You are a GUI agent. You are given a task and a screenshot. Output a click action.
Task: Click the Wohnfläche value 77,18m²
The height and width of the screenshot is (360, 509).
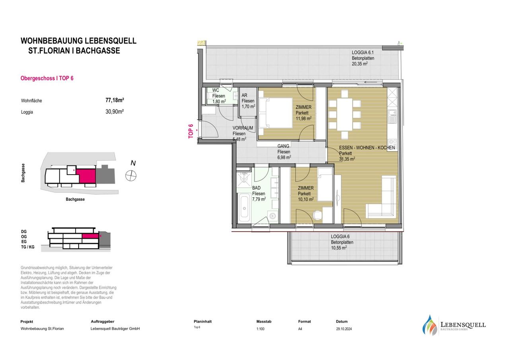click(115, 100)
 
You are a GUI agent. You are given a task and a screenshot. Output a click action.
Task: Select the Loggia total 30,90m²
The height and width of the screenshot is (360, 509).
click(115, 112)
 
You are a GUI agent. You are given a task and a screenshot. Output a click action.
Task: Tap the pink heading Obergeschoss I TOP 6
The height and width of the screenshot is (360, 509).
click(47, 78)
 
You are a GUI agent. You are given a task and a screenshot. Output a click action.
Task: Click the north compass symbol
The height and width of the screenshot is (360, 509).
click(131, 176)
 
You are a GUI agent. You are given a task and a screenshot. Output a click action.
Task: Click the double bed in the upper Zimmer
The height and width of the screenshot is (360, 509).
click(276, 113)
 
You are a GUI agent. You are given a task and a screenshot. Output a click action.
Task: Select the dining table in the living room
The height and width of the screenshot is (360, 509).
click(345, 114)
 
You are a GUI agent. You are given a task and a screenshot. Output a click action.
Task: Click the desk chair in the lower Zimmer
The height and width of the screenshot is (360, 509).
click(317, 215)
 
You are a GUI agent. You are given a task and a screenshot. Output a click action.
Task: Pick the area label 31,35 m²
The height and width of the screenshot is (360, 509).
click(347, 159)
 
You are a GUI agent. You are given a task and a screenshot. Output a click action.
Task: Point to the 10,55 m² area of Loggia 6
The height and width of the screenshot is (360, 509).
click(339, 248)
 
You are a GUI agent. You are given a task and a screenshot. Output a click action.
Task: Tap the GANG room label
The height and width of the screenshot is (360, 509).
click(284, 146)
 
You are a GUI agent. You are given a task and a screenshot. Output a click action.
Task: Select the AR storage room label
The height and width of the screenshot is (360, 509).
click(244, 95)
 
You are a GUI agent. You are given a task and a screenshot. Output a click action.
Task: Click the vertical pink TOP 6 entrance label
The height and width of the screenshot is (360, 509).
click(190, 131)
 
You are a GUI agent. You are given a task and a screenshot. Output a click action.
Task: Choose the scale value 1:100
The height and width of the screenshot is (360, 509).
click(260, 329)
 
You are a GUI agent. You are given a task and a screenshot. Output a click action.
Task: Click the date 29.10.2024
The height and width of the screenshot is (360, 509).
click(344, 329)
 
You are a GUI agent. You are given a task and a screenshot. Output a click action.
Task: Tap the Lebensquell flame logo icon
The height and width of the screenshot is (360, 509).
click(429, 325)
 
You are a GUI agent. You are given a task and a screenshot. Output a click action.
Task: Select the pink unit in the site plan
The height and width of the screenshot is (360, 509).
click(86, 176)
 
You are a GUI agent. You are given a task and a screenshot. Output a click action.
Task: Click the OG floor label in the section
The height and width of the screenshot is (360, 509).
click(24, 237)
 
